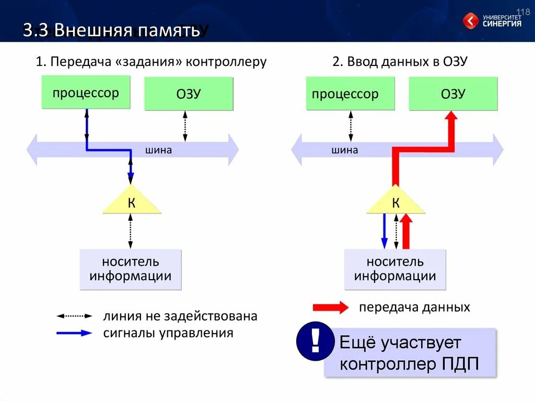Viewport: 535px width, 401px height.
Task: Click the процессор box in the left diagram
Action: point(86,93)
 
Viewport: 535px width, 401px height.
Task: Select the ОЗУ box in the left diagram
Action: point(189,94)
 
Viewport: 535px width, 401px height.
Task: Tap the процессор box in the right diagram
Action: point(351,94)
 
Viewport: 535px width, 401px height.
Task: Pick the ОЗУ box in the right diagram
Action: point(453,94)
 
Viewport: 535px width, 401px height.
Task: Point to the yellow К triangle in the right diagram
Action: point(396,203)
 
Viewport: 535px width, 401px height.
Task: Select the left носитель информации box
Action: point(131,269)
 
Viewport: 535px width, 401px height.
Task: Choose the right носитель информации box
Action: point(395,269)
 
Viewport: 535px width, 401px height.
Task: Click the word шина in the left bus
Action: point(159,151)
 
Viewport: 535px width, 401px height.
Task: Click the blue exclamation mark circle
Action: point(315,342)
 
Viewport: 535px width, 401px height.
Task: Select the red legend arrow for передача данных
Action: point(330,307)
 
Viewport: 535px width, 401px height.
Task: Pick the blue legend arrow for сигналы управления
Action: point(74,333)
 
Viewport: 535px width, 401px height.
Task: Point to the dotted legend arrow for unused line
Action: point(74,316)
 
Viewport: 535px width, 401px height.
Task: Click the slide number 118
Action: point(523,12)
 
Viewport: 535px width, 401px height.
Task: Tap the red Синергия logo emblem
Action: point(470,21)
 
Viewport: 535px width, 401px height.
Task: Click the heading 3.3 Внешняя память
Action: point(111,30)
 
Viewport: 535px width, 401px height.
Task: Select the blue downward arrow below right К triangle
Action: point(385,231)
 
